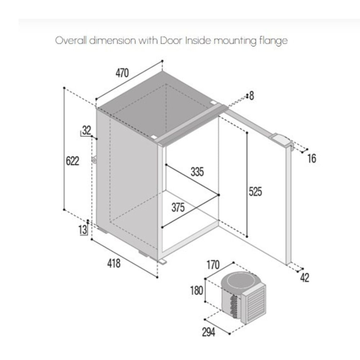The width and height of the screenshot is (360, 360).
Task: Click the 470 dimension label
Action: (x=122, y=73)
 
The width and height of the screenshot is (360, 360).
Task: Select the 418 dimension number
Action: (x=114, y=263)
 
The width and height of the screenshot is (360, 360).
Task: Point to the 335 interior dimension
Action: (x=197, y=172)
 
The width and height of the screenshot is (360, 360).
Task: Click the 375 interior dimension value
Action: (x=178, y=208)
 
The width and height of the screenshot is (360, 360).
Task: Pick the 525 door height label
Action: (x=255, y=192)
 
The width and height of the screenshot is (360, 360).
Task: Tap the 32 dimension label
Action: (x=86, y=130)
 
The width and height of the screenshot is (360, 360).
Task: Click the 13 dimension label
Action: (x=83, y=229)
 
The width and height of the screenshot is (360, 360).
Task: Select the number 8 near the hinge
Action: (x=252, y=96)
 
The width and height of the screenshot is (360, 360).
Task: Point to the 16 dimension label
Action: (x=312, y=158)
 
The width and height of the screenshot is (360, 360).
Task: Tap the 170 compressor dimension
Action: (x=213, y=265)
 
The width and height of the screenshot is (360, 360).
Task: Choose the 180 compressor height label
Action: (x=197, y=291)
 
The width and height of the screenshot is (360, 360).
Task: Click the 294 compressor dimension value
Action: (x=209, y=332)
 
